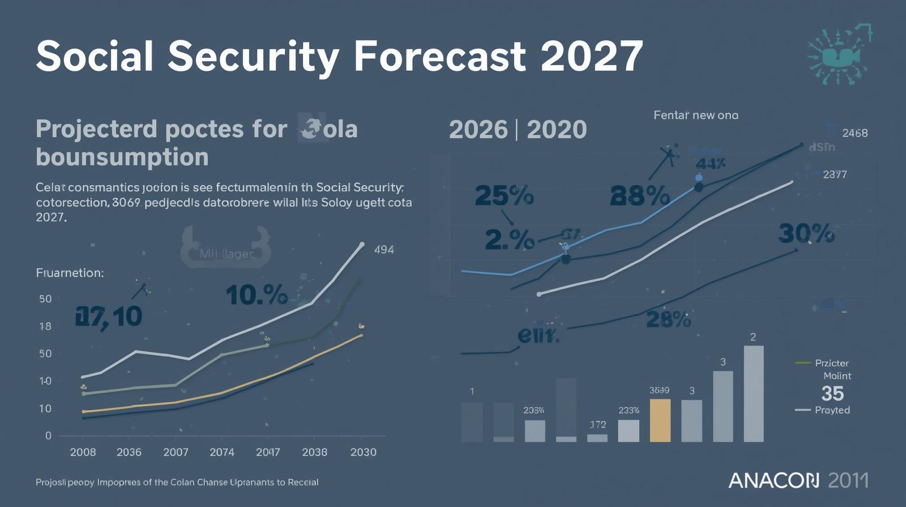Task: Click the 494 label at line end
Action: point(384,250)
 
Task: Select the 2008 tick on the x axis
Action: point(83,452)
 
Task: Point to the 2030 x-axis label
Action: point(363,452)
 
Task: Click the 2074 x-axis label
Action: point(221,452)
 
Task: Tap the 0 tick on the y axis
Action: point(48,436)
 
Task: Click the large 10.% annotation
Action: point(257,295)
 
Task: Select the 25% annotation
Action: point(503,196)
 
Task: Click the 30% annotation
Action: point(806,233)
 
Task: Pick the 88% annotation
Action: point(640,196)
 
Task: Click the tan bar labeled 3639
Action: point(660,420)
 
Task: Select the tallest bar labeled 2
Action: point(753,394)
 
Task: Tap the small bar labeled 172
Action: point(597,437)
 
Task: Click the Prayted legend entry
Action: point(831,410)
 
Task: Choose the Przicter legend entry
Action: point(831,363)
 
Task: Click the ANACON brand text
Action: point(773,481)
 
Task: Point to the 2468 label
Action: point(854,133)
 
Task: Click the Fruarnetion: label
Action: point(70,273)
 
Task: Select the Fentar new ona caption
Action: point(695,115)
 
